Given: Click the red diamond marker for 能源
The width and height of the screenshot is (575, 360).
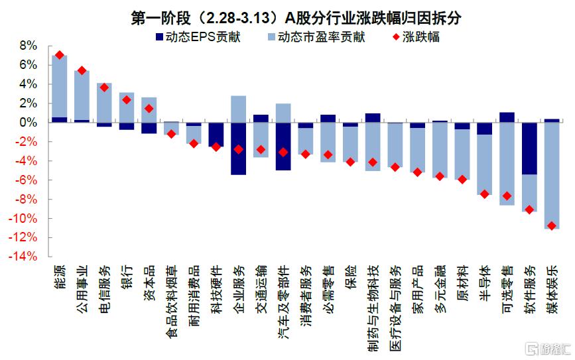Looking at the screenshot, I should pos(60,55).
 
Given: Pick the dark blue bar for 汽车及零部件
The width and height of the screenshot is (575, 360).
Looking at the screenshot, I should pos(283,147).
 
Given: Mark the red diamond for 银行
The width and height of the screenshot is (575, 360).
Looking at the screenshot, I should pos(127,100).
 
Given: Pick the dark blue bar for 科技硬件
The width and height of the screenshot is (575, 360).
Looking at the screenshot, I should pos(216,135).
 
